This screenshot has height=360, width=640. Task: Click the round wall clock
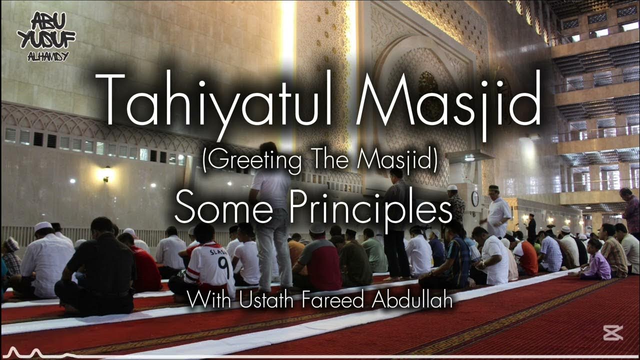[x=474, y=198]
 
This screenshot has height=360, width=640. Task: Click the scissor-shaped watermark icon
[x=612, y=332]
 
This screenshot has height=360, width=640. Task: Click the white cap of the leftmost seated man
[x=43, y=226]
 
